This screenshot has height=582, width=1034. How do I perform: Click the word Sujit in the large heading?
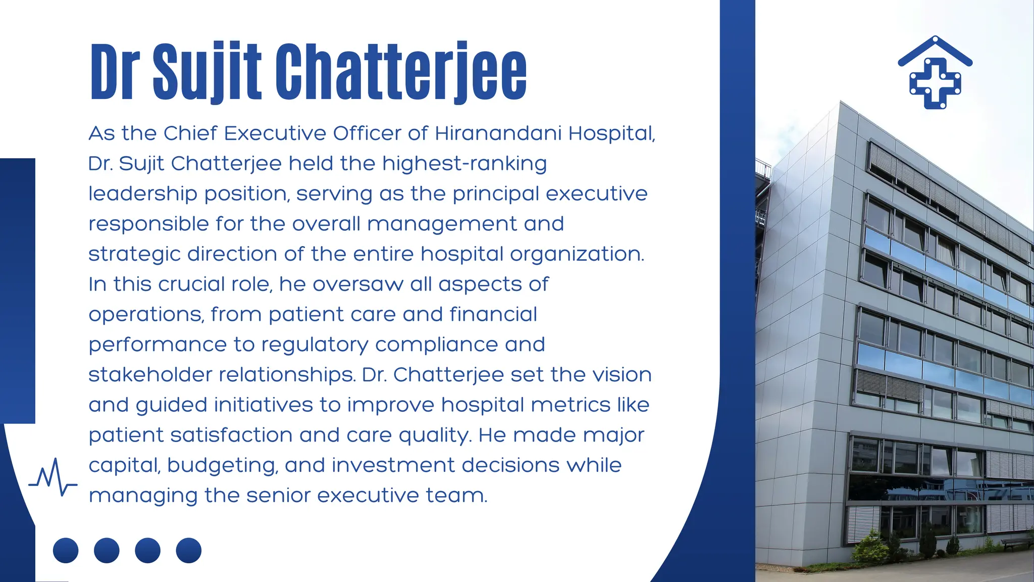(207, 72)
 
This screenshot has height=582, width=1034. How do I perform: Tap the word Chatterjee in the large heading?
(401, 72)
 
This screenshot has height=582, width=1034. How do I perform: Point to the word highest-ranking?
(464, 164)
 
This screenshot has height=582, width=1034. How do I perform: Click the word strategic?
(134, 254)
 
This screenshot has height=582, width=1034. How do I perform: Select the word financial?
(493, 314)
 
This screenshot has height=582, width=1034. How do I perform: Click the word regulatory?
(315, 345)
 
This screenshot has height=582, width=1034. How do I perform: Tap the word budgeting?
(223, 466)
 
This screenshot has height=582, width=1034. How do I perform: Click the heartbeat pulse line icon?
(53, 477)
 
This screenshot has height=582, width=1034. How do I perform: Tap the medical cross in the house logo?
(935, 83)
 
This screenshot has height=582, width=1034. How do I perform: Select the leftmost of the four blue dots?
(66, 550)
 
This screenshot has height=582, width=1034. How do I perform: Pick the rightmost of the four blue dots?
(189, 550)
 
